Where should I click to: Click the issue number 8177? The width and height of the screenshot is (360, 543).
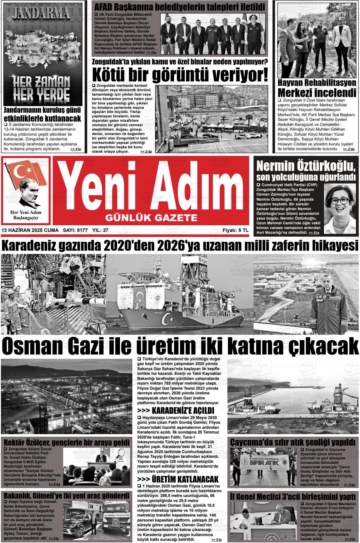82,230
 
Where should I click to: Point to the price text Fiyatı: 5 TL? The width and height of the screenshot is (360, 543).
235,230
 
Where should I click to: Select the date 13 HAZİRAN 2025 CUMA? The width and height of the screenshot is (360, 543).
30,230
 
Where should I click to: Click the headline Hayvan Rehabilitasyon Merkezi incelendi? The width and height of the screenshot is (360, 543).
317,89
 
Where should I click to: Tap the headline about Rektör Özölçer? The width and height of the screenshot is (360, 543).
66,442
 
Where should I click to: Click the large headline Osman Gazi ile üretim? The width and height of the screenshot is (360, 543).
180,346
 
